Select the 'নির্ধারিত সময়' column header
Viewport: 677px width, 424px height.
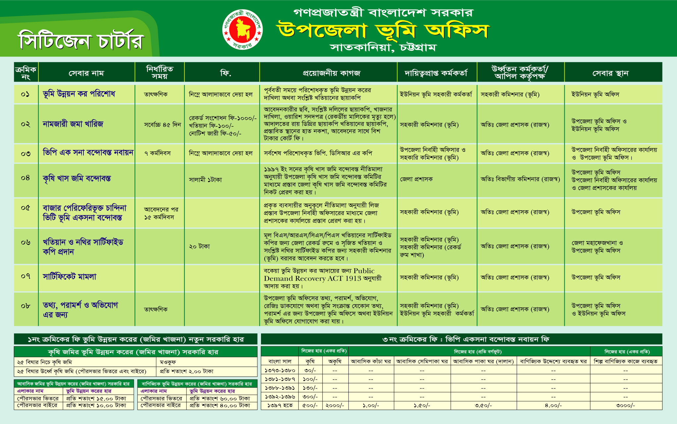point(160,72)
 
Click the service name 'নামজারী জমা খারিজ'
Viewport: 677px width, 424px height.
point(73,124)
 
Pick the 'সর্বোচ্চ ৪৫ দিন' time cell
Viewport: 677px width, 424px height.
point(162,125)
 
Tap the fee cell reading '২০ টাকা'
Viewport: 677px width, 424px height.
point(199,247)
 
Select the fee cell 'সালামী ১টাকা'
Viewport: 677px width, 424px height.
point(205,180)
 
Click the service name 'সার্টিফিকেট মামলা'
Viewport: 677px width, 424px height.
point(70,277)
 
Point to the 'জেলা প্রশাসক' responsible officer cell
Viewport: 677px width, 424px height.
point(416,179)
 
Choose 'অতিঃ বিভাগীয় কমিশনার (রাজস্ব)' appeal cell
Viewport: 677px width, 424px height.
point(520,179)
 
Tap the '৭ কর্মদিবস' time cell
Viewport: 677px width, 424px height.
point(158,153)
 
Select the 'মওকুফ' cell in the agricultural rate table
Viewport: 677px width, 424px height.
point(168,362)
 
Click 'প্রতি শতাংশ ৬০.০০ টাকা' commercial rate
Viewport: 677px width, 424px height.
point(220,398)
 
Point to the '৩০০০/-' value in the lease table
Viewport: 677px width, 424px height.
point(625,405)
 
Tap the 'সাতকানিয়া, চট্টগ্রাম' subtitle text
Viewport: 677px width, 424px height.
point(383,48)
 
